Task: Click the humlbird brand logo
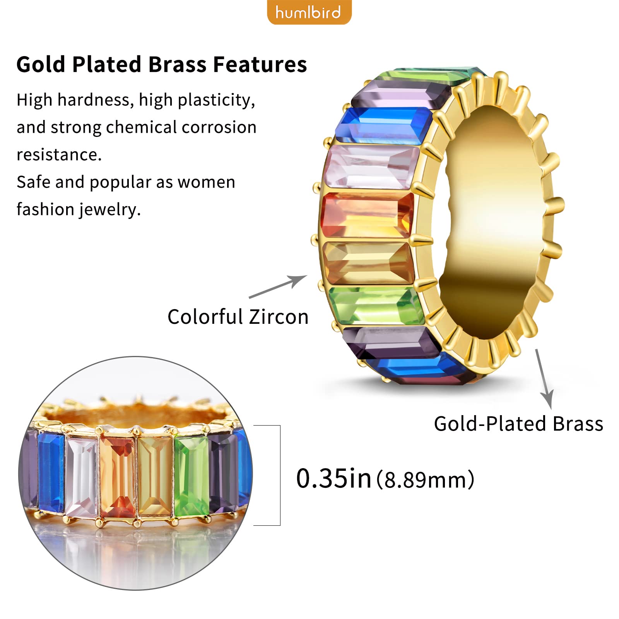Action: pyautogui.click(x=309, y=12)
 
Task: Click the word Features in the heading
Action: pyautogui.click(x=260, y=64)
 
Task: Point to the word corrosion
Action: pyautogui.click(x=219, y=127)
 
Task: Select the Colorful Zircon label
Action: pyautogui.click(x=238, y=317)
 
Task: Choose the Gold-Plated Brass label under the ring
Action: pyautogui.click(x=518, y=424)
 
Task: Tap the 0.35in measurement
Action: pyautogui.click(x=333, y=479)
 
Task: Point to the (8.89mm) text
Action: pyautogui.click(x=425, y=480)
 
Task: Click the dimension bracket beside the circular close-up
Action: pyautogui.click(x=280, y=475)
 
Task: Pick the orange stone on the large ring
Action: pyautogui.click(x=368, y=215)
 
